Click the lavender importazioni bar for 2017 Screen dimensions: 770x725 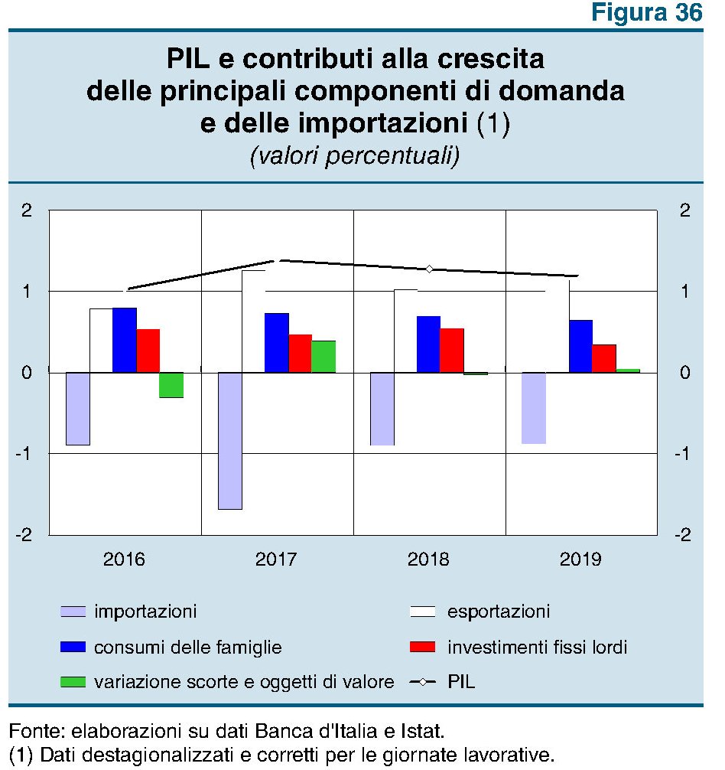[x=230, y=441]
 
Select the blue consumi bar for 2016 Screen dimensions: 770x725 [x=125, y=340]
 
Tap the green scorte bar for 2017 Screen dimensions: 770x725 [x=323, y=357]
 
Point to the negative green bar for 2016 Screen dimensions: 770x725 [x=171, y=385]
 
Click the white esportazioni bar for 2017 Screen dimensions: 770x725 [x=253, y=321]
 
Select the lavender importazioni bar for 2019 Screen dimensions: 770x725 [x=534, y=408]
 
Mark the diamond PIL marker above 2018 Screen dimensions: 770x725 [x=430, y=269]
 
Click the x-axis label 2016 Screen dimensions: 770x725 [x=125, y=560]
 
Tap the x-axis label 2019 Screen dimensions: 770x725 [x=581, y=560]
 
